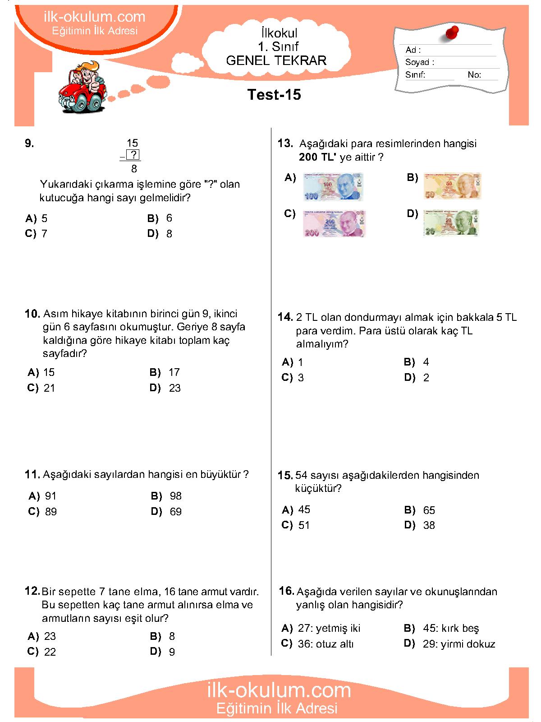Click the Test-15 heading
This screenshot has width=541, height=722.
click(x=274, y=95)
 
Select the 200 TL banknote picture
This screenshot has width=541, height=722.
click(x=334, y=223)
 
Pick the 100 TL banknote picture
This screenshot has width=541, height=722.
click(x=333, y=187)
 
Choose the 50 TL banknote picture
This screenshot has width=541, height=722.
click(x=452, y=186)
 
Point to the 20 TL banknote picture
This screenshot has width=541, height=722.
click(x=450, y=222)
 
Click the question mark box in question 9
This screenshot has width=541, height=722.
click(x=133, y=155)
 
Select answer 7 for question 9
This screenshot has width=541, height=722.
click(x=44, y=234)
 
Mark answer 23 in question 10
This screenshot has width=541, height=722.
click(x=174, y=388)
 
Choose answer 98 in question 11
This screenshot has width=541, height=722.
click(x=175, y=496)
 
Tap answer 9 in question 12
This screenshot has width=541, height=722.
click(x=172, y=652)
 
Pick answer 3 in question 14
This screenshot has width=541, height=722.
click(x=301, y=378)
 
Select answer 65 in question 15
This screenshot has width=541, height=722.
click(x=429, y=510)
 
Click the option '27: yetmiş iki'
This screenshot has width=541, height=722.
click(x=329, y=628)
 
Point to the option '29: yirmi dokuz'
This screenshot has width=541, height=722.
click(x=458, y=644)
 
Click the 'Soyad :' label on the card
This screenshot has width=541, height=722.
click(x=419, y=62)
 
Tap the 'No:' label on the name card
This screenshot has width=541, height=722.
click(x=474, y=75)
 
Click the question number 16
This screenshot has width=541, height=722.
click(x=286, y=591)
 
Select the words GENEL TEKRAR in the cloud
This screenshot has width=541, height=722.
click(x=276, y=60)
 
